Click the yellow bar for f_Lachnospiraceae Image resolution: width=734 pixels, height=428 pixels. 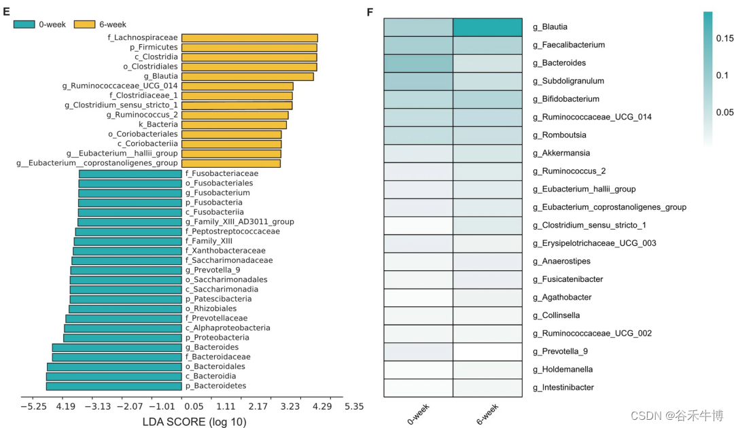249,38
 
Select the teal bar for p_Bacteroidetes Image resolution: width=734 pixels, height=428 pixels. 113,386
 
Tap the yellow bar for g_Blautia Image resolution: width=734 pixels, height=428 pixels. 247,76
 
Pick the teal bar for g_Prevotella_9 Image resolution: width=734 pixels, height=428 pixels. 126,270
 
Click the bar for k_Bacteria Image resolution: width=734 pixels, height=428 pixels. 234,124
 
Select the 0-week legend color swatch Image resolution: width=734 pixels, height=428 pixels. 27,24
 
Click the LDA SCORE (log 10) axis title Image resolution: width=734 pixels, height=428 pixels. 194,422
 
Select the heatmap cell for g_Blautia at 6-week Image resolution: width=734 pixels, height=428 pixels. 487,27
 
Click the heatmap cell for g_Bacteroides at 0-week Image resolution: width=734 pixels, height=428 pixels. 418,63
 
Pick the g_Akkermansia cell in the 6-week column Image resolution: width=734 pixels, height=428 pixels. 487,154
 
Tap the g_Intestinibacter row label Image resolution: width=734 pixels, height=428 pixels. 563,387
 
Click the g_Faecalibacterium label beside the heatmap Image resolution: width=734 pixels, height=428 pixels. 568,45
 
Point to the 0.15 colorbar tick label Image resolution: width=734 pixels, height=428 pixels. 724,39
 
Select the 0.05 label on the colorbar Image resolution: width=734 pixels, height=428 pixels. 724,112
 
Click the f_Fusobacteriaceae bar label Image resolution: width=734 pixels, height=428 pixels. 212,173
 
